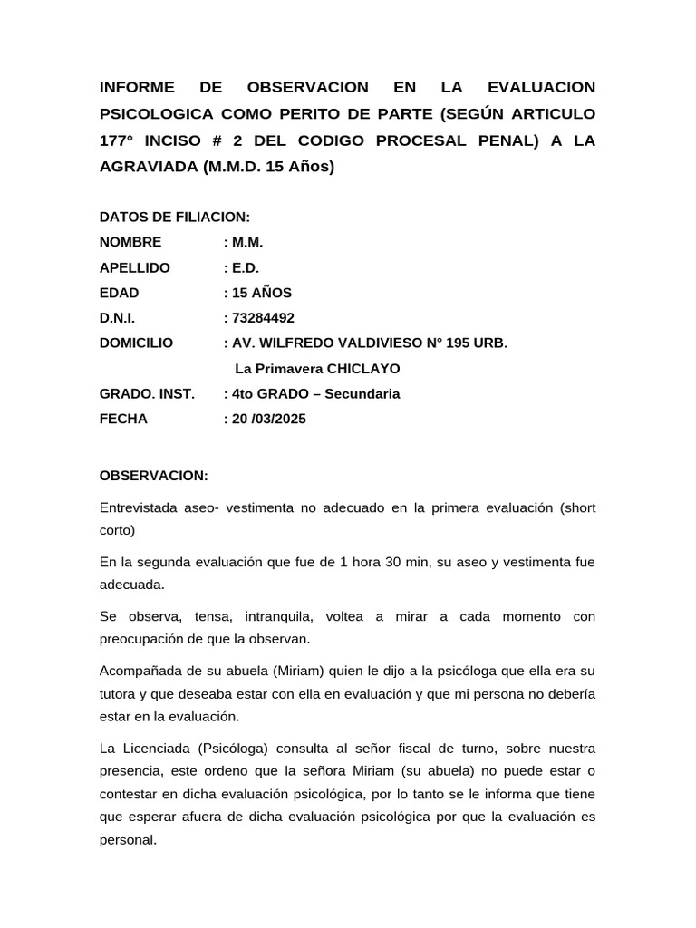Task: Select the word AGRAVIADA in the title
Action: pos(148,167)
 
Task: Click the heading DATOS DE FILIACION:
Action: pos(174,217)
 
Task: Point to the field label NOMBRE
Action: pos(130,242)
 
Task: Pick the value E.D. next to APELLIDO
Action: pos(246,267)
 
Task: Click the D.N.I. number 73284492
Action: pos(264,318)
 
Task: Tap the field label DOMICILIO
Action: pos(136,343)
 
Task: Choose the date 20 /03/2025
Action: pos(269,420)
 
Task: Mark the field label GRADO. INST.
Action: pos(146,394)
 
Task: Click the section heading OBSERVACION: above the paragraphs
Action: pos(153,476)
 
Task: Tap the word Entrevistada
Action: pos(140,508)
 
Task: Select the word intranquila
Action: pos(271,617)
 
